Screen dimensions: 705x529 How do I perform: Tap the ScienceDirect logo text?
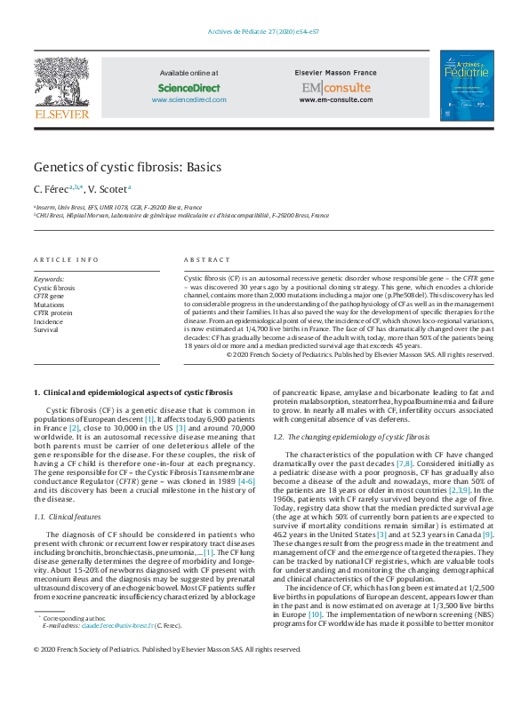click(x=188, y=88)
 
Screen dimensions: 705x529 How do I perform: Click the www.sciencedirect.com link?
click(x=188, y=99)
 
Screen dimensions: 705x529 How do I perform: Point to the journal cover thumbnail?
click(x=467, y=85)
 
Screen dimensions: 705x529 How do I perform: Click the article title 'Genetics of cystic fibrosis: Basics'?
click(x=127, y=167)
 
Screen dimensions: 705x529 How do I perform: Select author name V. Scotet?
click(x=109, y=189)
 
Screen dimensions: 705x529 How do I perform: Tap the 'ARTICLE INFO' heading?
click(x=66, y=260)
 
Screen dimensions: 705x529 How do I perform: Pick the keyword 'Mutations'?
click(x=49, y=305)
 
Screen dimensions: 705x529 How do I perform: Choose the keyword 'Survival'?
click(x=47, y=329)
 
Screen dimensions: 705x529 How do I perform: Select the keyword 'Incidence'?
click(x=49, y=321)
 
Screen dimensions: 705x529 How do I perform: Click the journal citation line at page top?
click(x=264, y=30)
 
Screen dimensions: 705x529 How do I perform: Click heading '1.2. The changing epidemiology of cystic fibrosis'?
click(x=351, y=438)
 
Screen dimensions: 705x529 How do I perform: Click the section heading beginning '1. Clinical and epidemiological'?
click(x=132, y=392)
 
